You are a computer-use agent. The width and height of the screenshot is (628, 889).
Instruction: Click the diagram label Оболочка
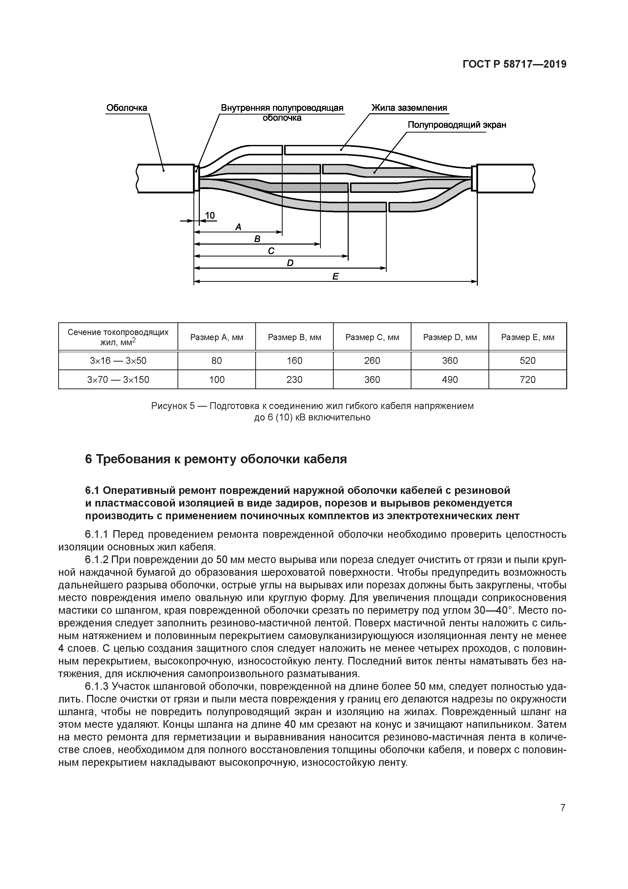127,108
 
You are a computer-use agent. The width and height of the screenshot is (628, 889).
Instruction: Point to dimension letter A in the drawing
238,227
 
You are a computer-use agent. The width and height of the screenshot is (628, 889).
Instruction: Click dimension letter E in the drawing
335,276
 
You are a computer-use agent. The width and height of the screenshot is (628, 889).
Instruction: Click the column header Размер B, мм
295,337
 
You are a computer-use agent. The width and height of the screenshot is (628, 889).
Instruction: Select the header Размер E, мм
527,337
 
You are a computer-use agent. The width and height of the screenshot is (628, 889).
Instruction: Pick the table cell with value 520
527,361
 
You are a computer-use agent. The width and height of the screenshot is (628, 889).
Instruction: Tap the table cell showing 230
295,379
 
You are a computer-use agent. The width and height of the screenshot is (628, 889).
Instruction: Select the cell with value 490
450,379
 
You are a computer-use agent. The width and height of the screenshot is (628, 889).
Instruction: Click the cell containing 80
217,361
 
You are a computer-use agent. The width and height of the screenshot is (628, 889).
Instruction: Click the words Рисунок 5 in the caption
173,406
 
